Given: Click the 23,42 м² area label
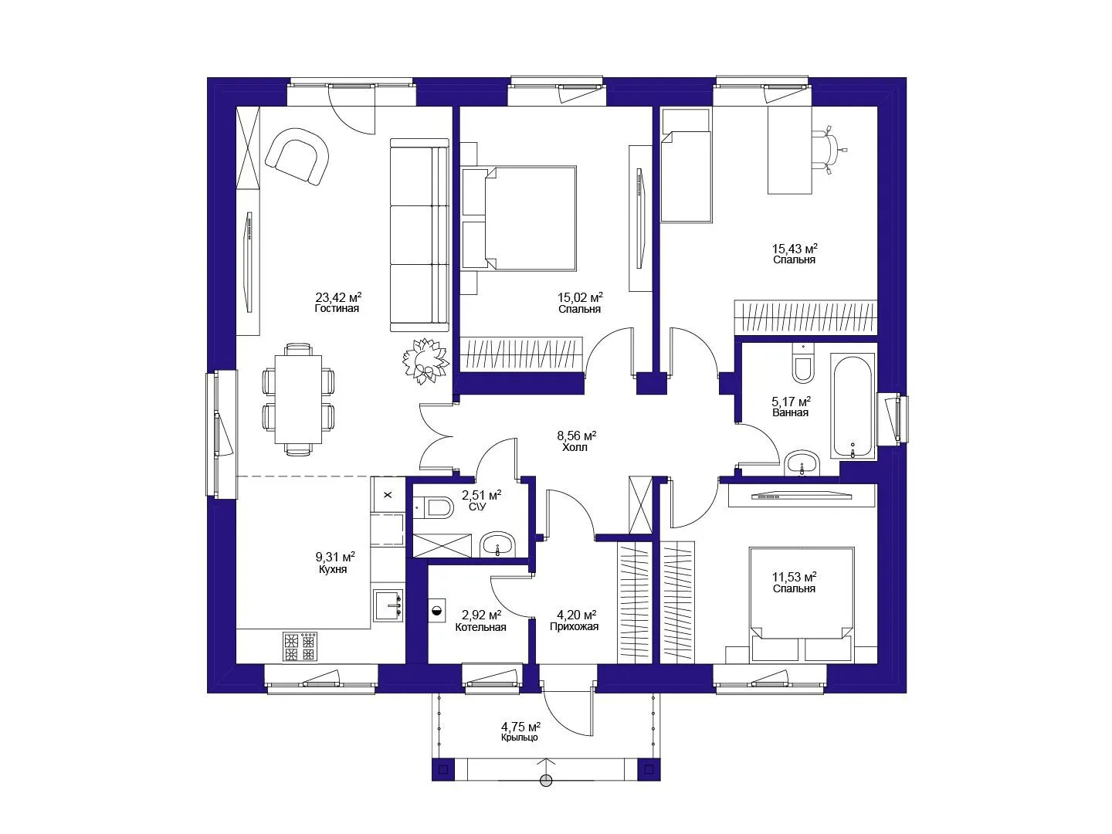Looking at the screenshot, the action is (x=338, y=297).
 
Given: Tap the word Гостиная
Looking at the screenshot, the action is (x=337, y=308).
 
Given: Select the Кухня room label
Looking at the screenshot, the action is (x=333, y=569).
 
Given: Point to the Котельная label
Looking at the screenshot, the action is (x=480, y=627).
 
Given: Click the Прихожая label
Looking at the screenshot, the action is (x=575, y=627).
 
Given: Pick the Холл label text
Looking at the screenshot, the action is (x=575, y=448).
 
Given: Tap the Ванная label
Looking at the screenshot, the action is (x=790, y=412).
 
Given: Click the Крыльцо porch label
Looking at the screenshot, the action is (x=520, y=737).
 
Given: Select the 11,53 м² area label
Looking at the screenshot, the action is (x=794, y=576).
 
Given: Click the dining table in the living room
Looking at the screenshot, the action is (x=298, y=399).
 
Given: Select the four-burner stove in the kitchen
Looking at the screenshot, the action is (x=300, y=646).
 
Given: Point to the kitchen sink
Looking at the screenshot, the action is (x=389, y=605).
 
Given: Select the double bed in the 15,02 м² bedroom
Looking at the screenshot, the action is (x=519, y=219).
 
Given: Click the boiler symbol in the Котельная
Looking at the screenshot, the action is (x=438, y=611).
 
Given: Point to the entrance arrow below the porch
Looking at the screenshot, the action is (x=546, y=771).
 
